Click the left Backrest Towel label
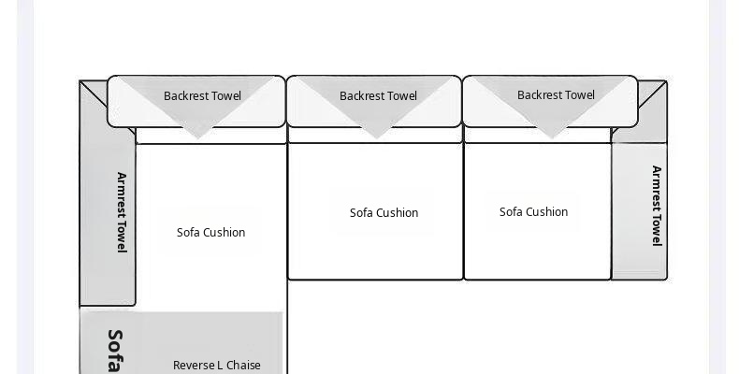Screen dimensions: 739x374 tap(202, 96)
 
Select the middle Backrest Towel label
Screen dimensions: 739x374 tap(378, 96)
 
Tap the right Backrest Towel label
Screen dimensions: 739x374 tap(556, 95)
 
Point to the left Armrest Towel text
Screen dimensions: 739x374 tap(122, 212)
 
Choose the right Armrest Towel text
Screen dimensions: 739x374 tap(657, 206)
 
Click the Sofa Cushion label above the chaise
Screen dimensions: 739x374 tap(210, 232)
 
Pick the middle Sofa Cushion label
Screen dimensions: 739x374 tap(384, 213)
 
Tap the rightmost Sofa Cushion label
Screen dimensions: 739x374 tap(533, 212)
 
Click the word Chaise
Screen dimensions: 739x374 tap(243, 366)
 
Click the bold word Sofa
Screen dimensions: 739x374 tap(115, 351)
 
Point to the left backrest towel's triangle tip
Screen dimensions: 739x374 tap(198, 138)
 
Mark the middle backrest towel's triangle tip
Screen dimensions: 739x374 tap(377, 138)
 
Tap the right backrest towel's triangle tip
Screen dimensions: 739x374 tap(551, 138)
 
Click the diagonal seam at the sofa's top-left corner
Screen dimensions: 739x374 tap(94, 94)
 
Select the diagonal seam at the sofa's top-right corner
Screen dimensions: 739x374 tap(652, 94)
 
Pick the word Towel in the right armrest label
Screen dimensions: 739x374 tap(657, 231)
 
